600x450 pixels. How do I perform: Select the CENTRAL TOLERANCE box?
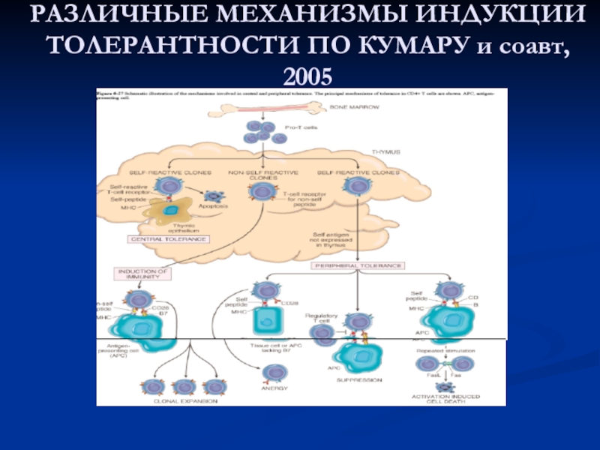169,239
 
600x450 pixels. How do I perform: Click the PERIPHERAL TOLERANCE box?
358,265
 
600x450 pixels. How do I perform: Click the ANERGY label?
275,388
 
